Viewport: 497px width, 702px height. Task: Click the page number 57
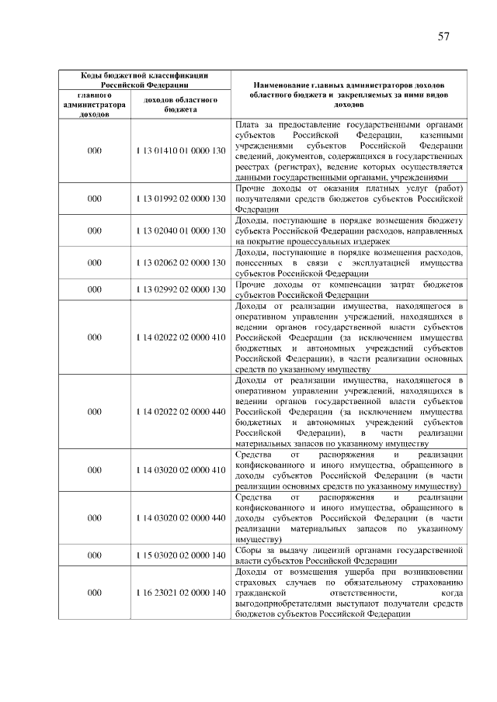tap(443, 36)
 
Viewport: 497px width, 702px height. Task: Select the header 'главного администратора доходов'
tap(94, 105)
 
